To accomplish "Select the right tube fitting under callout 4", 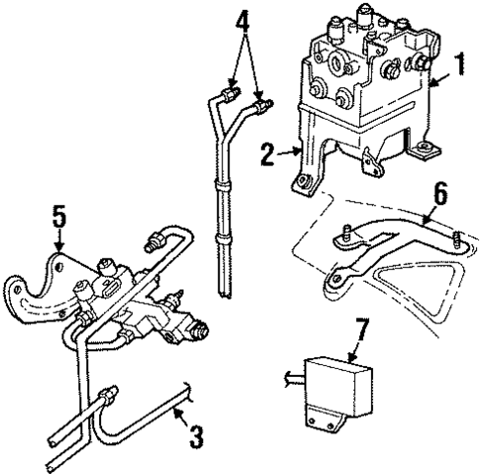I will point(264,102).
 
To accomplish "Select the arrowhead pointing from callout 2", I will point(298,152).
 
